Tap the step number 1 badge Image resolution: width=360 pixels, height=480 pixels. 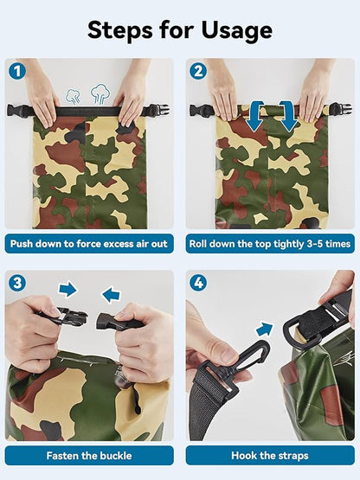[x=17, y=71]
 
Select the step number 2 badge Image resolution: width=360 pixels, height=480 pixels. [x=198, y=71]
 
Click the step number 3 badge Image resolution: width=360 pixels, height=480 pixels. [x=17, y=283]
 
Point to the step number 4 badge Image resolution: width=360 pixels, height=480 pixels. [x=198, y=283]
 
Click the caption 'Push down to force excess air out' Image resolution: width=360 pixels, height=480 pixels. [x=89, y=244]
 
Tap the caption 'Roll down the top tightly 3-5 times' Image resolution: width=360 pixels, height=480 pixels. [x=270, y=244]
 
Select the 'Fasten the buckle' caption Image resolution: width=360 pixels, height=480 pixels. [x=89, y=456]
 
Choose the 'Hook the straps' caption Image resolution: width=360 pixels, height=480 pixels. [x=270, y=456]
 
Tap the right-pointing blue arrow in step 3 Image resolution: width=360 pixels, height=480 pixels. [x=67, y=289]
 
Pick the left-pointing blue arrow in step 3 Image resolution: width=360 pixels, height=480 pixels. [x=111, y=295]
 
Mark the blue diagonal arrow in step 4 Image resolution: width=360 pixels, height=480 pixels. [x=265, y=330]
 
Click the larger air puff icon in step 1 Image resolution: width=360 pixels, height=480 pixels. [x=100, y=93]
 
